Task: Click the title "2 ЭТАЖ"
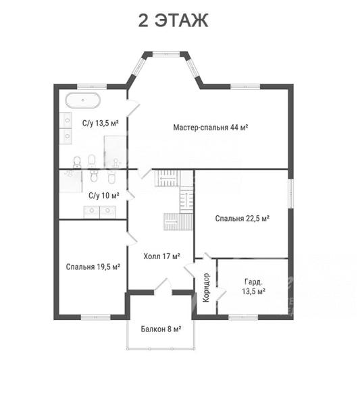tap(173, 20)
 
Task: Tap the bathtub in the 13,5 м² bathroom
tap(82, 100)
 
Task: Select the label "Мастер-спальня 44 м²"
tap(211, 128)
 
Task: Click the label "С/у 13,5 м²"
tap(101, 123)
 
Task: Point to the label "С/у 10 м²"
tap(103, 196)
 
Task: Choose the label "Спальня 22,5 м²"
tap(242, 219)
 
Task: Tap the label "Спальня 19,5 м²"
tap(93, 267)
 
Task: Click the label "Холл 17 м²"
tap(162, 256)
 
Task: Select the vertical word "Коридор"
tap(206, 288)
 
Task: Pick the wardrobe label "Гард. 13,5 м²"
tap(253, 287)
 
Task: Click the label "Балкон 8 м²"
tap(161, 329)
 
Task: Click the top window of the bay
tap(166, 54)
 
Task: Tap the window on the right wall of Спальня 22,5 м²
tap(290, 193)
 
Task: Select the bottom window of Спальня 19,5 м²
tap(96, 317)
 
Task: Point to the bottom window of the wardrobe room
tap(243, 317)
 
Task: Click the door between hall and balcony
tap(163, 287)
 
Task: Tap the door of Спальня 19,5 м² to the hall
tap(131, 238)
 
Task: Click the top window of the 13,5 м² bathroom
tap(92, 86)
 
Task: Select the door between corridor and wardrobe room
tap(221, 294)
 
